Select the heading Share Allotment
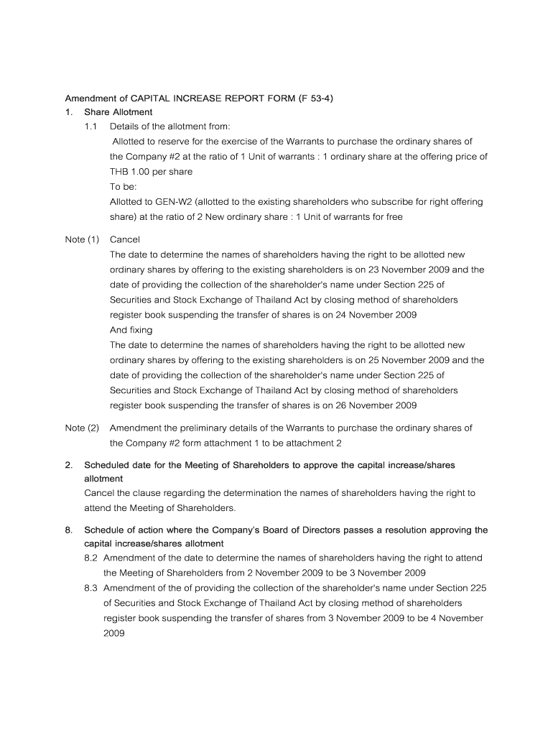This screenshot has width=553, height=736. point(118,112)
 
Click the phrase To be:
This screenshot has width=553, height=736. point(122,187)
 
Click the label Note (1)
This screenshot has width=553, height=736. point(82,239)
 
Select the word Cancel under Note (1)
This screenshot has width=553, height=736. point(125,239)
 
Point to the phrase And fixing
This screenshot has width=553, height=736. point(131,330)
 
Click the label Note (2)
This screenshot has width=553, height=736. point(82,428)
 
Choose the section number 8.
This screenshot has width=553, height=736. point(69,530)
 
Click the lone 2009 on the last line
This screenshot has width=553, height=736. point(114,633)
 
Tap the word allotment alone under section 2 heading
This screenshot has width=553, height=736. point(103,478)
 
